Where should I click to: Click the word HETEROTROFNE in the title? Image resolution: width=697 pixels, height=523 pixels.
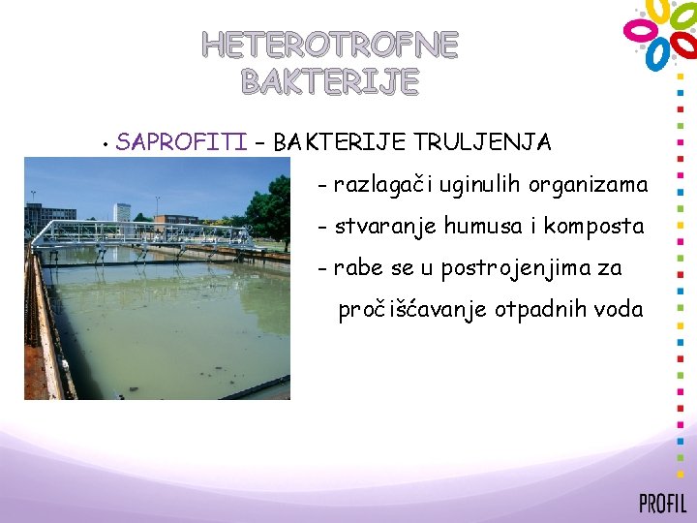coord(330,45)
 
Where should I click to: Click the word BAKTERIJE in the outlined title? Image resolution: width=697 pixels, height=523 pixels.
coord(330,82)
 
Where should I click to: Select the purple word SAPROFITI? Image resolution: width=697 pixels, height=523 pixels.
coord(181,143)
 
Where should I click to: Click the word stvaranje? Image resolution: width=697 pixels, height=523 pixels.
coord(384,227)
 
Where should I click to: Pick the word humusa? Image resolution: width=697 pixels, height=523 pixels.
coord(480,227)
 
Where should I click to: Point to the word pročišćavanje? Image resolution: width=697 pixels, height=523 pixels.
coord(413,311)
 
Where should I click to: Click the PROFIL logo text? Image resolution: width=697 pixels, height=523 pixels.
coord(662,503)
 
